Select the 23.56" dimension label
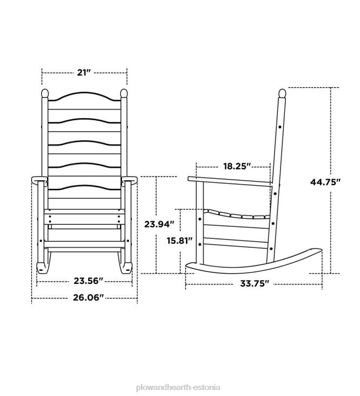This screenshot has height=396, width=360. [x=88, y=281]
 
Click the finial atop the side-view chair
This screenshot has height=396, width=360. [x=281, y=94]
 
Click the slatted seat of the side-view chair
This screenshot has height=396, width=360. [x=238, y=215]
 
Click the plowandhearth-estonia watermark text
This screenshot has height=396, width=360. [x=179, y=373]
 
